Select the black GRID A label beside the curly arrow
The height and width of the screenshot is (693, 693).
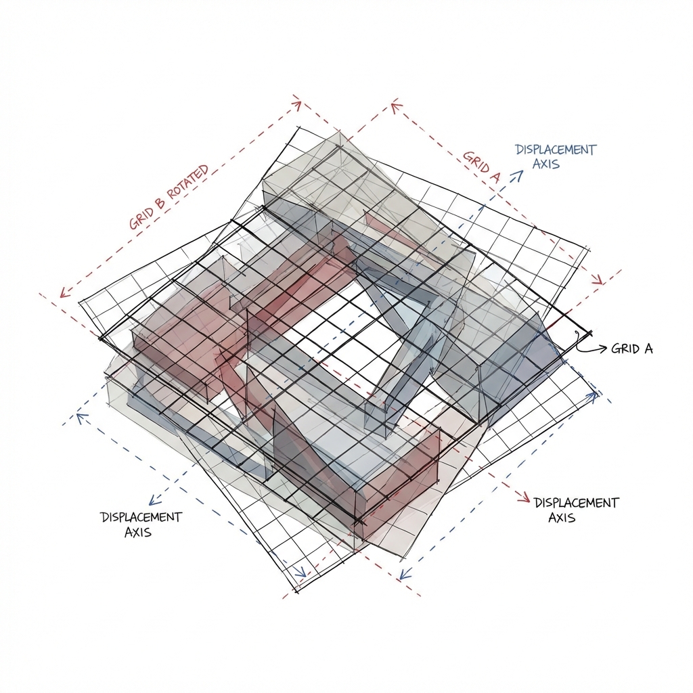tap(631, 349)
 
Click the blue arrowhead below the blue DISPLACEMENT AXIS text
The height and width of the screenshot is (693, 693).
tap(518, 175)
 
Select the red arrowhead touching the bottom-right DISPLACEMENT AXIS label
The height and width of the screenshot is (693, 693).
tap(523, 499)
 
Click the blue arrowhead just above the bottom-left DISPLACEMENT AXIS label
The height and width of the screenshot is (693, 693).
tap(153, 500)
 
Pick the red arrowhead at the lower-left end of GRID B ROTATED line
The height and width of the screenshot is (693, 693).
tap(64, 293)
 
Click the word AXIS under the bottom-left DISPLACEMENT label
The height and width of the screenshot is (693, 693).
tap(138, 532)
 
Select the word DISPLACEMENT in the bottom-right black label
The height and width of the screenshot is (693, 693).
tap(576, 503)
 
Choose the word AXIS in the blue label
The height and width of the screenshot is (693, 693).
tap(545, 164)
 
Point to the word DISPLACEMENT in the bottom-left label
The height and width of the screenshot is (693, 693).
tap(141, 517)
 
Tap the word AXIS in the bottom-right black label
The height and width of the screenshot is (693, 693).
tap(561, 518)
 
